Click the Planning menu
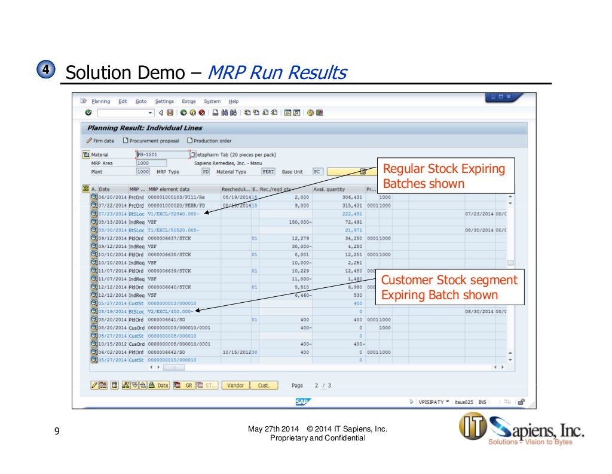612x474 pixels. click(100, 101)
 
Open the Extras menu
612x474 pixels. click(188, 101)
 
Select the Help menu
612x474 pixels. click(234, 101)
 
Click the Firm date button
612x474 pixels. click(100, 141)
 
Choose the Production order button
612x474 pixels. click(209, 141)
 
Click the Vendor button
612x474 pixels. click(236, 385)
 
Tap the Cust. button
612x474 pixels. click(264, 385)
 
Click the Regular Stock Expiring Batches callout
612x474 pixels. click(443, 176)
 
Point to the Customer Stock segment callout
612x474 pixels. click(449, 287)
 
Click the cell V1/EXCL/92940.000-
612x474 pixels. click(174, 213)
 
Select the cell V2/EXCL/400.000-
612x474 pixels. click(170, 311)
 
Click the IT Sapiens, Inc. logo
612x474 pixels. click(520, 430)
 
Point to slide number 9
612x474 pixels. click(56, 432)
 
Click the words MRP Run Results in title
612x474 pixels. click(276, 73)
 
